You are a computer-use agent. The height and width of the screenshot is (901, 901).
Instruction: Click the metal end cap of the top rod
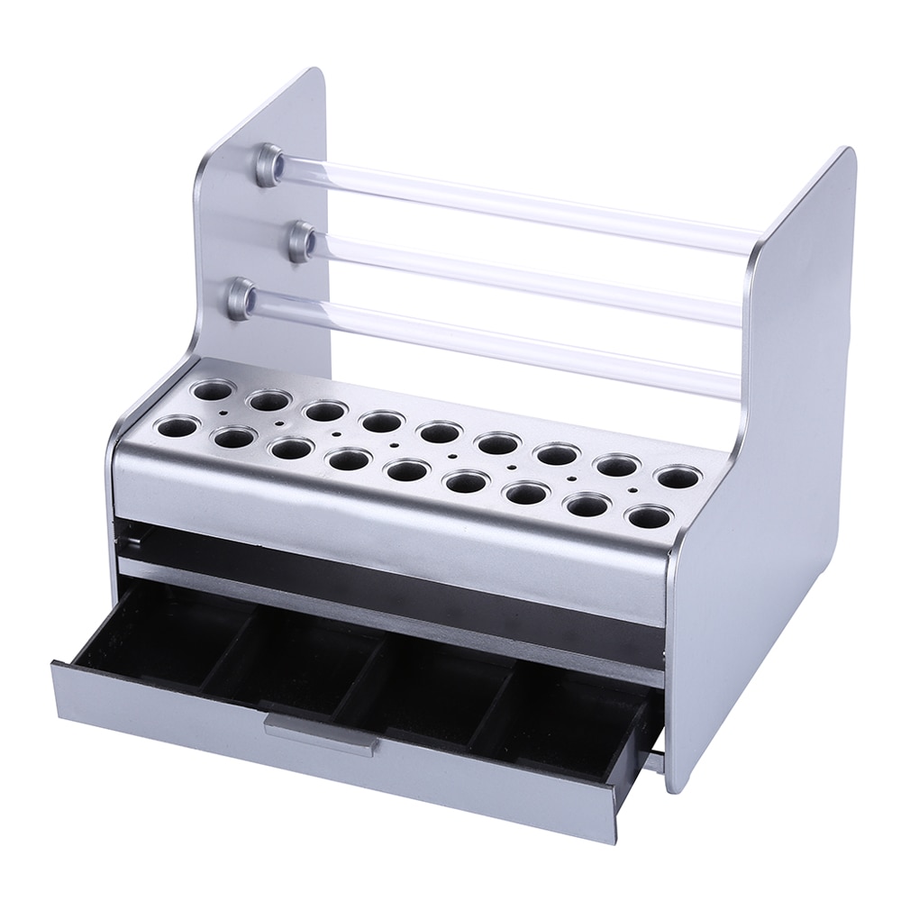(x=269, y=165)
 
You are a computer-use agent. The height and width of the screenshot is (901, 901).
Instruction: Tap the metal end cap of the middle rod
(x=303, y=241)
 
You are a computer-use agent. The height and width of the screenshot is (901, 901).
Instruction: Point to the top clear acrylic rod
(x=523, y=204)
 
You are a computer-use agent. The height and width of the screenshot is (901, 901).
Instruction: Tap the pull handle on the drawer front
(x=322, y=732)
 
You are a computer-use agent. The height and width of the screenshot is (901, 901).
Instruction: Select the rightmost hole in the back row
(x=678, y=477)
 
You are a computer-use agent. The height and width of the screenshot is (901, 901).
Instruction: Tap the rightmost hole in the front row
(x=649, y=517)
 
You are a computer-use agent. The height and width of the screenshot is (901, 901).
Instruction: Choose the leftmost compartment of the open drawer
(x=153, y=631)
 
